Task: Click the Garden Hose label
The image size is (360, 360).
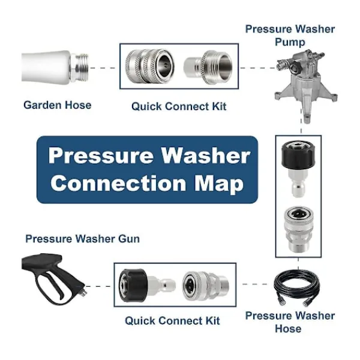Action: tap(58, 105)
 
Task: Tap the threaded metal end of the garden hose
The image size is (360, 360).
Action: tap(79, 67)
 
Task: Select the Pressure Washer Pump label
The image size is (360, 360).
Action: tap(290, 35)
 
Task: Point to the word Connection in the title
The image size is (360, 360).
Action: tap(118, 183)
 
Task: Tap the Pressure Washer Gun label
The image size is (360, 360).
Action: tap(82, 239)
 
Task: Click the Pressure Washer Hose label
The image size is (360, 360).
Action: tap(290, 322)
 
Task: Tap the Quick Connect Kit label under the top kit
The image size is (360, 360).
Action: tap(179, 106)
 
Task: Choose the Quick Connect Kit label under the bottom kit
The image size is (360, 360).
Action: tap(172, 320)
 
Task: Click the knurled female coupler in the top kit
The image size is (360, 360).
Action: tap(149, 66)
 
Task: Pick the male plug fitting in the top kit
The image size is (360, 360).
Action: tap(208, 67)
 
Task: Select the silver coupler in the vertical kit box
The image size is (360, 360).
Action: tap(298, 229)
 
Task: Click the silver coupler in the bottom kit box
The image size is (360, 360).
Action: tap(205, 286)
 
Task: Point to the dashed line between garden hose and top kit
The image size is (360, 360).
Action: tap(103, 68)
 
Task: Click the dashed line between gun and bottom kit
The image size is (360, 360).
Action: tap(98, 286)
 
